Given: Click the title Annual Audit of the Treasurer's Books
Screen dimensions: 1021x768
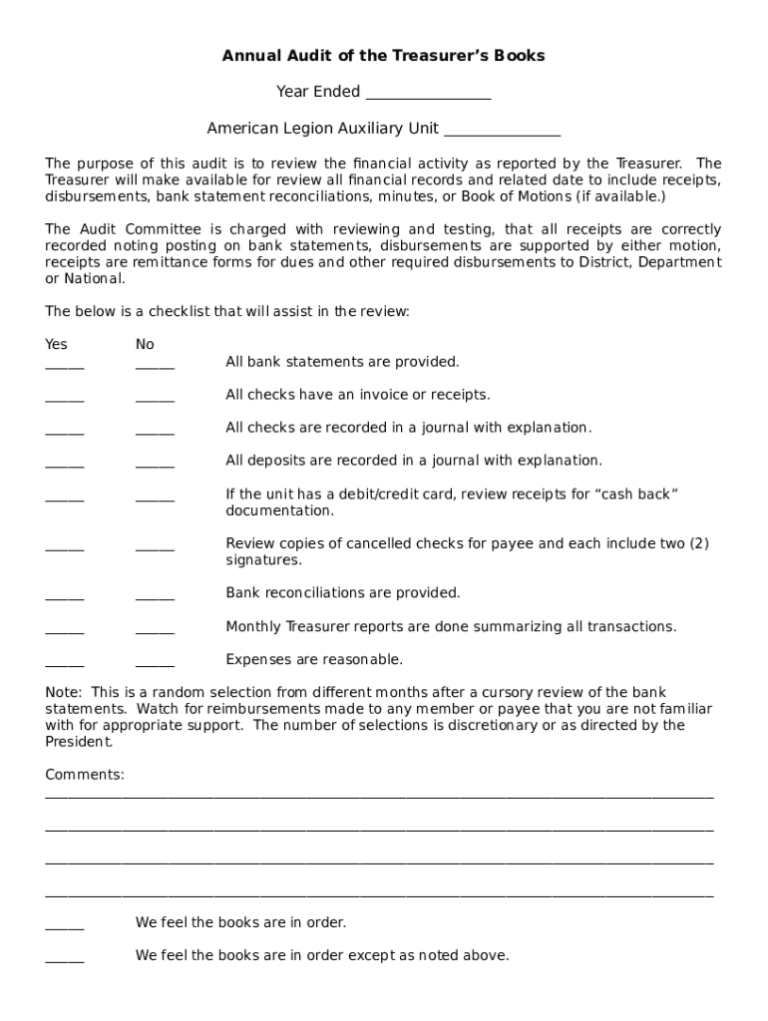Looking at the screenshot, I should point(383,56).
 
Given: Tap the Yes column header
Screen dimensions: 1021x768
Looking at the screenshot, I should point(57,344).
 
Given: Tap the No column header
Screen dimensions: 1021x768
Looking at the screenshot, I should point(146,344).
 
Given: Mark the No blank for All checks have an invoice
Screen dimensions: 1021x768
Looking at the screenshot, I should point(155,399).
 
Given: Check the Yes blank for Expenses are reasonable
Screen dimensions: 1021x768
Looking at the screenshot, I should point(65,664).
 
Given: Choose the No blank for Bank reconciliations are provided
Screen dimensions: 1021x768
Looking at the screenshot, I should point(155,597).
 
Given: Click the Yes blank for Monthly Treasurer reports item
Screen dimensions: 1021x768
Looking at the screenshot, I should point(65,631).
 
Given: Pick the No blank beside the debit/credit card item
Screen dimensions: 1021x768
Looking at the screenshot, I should point(155,499).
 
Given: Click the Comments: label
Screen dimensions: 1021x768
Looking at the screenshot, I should point(85,775).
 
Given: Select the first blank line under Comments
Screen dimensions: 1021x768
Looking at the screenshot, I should point(379,796).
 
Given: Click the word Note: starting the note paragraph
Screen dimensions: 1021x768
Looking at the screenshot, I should point(65,693).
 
